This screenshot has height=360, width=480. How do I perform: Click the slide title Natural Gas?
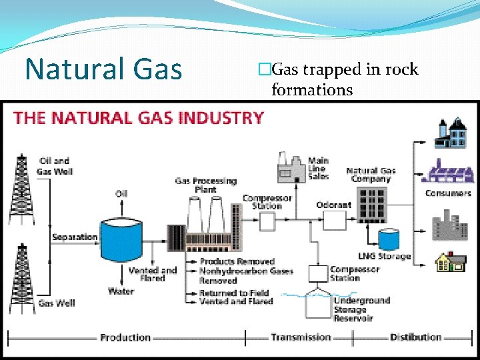tap(103, 69)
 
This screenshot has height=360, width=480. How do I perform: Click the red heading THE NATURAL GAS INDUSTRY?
tap(139, 119)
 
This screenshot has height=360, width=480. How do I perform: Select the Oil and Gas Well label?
tap(55, 166)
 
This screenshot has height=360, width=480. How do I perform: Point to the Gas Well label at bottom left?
tap(57, 303)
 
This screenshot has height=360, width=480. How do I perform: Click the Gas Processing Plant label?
tap(205, 185)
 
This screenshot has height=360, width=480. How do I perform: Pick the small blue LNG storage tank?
tap(387, 239)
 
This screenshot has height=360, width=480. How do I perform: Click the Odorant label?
tap(333, 205)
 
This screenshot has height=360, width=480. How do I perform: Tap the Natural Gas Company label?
tap(371, 175)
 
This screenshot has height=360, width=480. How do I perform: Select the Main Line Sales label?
tap(318, 168)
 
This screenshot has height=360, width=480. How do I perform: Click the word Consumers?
tap(448, 193)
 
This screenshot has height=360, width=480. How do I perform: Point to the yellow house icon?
tap(450, 262)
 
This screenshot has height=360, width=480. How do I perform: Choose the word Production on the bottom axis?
tap(125, 337)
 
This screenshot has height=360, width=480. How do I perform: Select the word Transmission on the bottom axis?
tap(301, 337)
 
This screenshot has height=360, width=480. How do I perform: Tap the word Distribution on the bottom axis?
tap(416, 337)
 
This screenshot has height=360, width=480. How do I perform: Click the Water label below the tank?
tap(121, 291)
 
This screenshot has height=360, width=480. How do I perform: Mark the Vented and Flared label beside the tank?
tap(153, 275)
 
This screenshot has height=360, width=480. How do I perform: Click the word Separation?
tap(75, 237)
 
